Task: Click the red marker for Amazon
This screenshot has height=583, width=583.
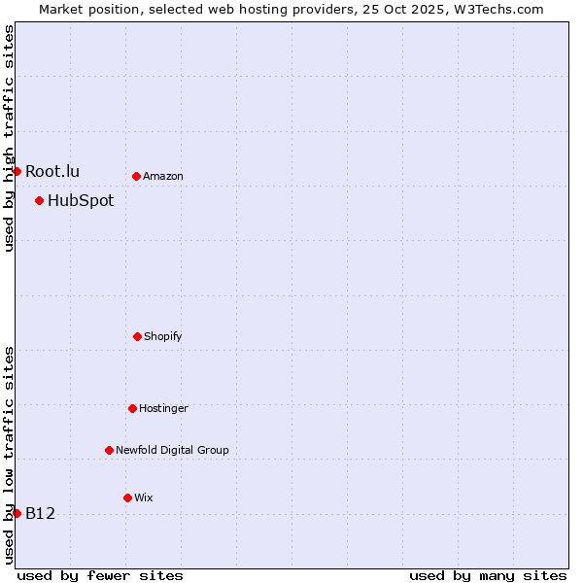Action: [137, 176]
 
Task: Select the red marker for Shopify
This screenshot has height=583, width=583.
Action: [137, 336]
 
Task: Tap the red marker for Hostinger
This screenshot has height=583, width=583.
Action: [132, 408]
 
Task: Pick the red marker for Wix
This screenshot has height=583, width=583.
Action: [127, 497]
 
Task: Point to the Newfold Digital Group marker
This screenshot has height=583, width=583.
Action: [109, 450]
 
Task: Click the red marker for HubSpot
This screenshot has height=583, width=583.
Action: [39, 200]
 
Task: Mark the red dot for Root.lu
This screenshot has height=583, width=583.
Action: [17, 171]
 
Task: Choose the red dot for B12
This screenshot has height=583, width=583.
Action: [17, 513]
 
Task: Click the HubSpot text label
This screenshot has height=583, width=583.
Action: [81, 201]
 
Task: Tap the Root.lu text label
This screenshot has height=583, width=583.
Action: [52, 172]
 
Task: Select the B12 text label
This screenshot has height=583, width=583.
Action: [40, 514]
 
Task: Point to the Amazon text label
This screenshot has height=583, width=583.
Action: [163, 177]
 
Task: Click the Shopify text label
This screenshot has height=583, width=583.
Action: [163, 337]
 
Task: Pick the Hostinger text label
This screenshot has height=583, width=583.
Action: [163, 409]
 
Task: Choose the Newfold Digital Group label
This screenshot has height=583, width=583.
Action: [172, 451]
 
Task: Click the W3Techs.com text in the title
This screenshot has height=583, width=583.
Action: [498, 9]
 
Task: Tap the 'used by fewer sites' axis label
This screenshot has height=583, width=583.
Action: [100, 575]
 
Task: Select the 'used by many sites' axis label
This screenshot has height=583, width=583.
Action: [488, 575]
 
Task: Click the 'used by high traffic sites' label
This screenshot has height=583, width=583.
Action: [9, 138]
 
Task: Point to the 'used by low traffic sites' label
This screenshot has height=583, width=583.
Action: [9, 455]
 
